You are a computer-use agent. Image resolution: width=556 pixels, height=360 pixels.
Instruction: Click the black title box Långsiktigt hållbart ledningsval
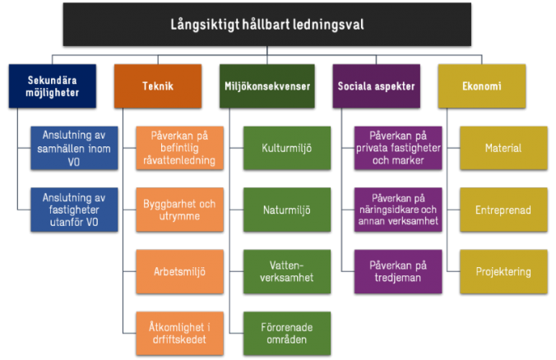267,25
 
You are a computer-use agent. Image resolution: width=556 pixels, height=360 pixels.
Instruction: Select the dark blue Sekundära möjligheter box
53,86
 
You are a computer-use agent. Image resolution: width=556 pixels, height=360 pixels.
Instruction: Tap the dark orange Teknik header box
158,86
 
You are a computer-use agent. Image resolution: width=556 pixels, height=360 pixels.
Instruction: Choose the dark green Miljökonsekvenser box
267,86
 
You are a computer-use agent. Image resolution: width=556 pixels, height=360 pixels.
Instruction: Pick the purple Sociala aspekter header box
376,86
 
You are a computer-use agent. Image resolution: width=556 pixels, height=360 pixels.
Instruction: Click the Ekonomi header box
482,86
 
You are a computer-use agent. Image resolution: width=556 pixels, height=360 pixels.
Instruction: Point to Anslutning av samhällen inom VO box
74,148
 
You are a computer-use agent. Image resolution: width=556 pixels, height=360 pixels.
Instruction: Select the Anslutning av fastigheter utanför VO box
74,210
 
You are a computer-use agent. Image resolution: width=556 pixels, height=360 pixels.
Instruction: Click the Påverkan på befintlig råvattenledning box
180,148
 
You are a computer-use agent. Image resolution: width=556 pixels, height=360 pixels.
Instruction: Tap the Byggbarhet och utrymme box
180,210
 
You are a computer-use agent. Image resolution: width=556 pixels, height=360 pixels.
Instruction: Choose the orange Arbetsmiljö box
180,272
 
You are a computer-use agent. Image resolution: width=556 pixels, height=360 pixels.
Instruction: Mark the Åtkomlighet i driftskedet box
180,334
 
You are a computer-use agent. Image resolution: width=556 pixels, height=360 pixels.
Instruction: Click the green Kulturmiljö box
287,148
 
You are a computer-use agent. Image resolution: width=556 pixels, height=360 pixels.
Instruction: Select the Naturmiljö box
287,210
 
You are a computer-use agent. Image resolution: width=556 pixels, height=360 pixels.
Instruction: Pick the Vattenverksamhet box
287,272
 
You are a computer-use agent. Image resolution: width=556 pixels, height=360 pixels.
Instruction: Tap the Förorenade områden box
287,334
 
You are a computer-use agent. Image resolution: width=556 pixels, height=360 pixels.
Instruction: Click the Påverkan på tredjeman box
398,272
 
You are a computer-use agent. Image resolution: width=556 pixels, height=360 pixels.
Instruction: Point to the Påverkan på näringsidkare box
398,210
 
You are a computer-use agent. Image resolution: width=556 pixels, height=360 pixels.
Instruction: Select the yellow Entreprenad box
503,210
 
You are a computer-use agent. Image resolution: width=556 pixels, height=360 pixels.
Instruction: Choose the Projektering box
503,272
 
